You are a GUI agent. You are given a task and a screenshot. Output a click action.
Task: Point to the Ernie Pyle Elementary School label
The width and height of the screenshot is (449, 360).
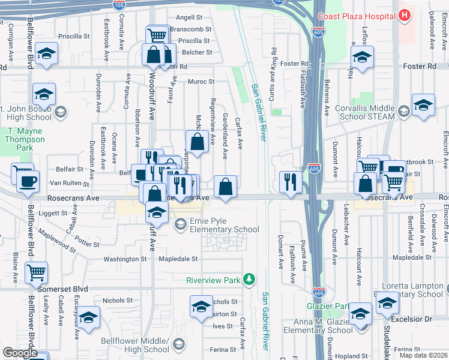pyautogui.click(x=224, y=225)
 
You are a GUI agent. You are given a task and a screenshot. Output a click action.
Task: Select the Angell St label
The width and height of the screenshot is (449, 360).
pyautogui.click(x=189, y=19)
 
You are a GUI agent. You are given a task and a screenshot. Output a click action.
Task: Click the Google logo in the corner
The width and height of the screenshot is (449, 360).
pyautogui.click(x=19, y=352)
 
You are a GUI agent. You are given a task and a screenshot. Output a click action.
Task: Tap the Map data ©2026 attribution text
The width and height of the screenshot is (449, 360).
pyautogui.click(x=423, y=355)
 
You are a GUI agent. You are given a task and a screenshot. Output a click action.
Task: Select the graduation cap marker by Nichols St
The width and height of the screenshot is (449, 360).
pyautogui.click(x=202, y=306)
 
